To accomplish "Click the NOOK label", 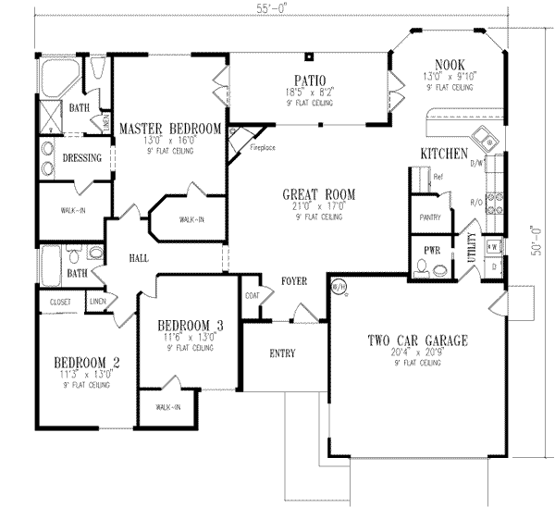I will [x=448, y=63].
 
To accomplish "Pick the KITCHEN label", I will [x=443, y=153].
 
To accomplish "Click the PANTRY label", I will [x=430, y=218].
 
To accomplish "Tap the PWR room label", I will [x=431, y=250].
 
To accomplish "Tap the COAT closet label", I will [x=252, y=296].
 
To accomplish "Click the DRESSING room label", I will [x=81, y=158].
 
